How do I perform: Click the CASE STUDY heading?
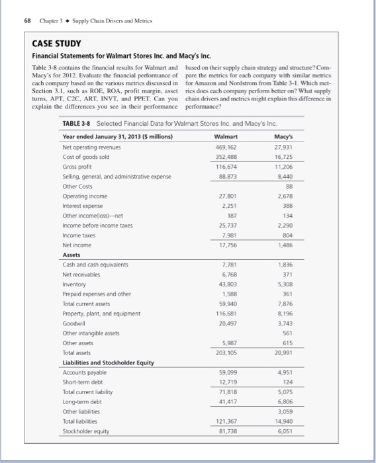[x=56, y=44]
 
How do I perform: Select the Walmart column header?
[x=226, y=136]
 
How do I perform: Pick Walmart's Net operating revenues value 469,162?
[x=226, y=147]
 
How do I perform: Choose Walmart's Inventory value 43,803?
[x=227, y=286]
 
